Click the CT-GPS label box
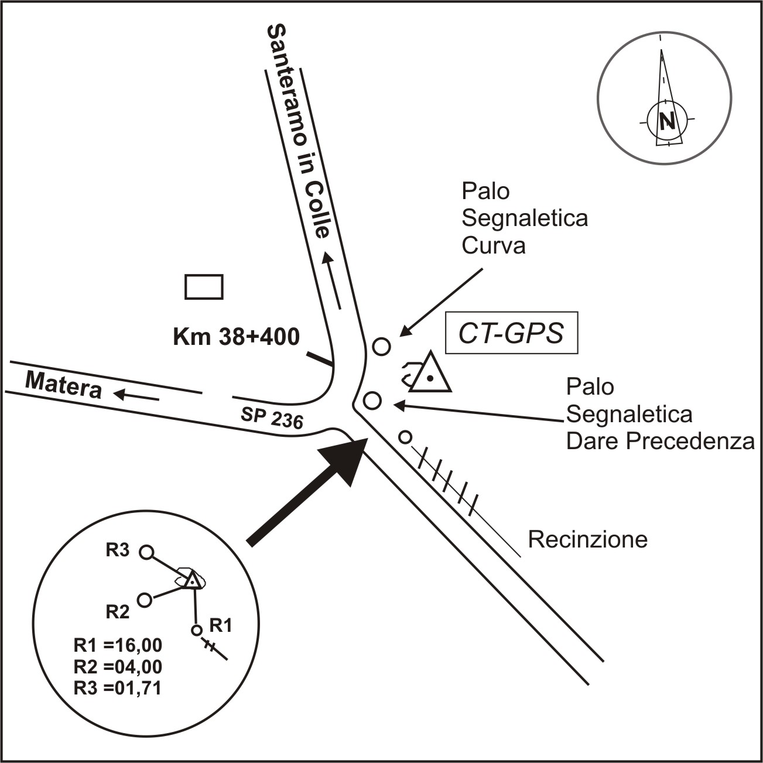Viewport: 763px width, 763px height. [511, 333]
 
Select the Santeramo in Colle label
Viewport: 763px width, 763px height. [299, 131]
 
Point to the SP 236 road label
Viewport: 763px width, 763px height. [272, 418]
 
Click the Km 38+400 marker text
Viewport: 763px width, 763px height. [237, 337]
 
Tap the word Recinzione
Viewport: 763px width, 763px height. [588, 539]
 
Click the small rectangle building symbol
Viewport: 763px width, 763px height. [204, 287]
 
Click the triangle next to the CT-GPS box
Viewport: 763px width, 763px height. [430, 375]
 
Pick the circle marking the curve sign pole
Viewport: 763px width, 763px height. [381, 346]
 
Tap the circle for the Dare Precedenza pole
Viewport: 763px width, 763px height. [372, 401]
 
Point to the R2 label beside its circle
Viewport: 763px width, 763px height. [117, 612]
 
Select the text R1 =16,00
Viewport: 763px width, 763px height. [118, 645]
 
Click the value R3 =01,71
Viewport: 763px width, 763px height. [118, 687]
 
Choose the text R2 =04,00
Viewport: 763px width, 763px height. [118, 666]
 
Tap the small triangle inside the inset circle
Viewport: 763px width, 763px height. [192, 581]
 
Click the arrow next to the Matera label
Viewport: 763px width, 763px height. [136, 396]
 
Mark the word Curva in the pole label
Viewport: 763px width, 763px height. [493, 246]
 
